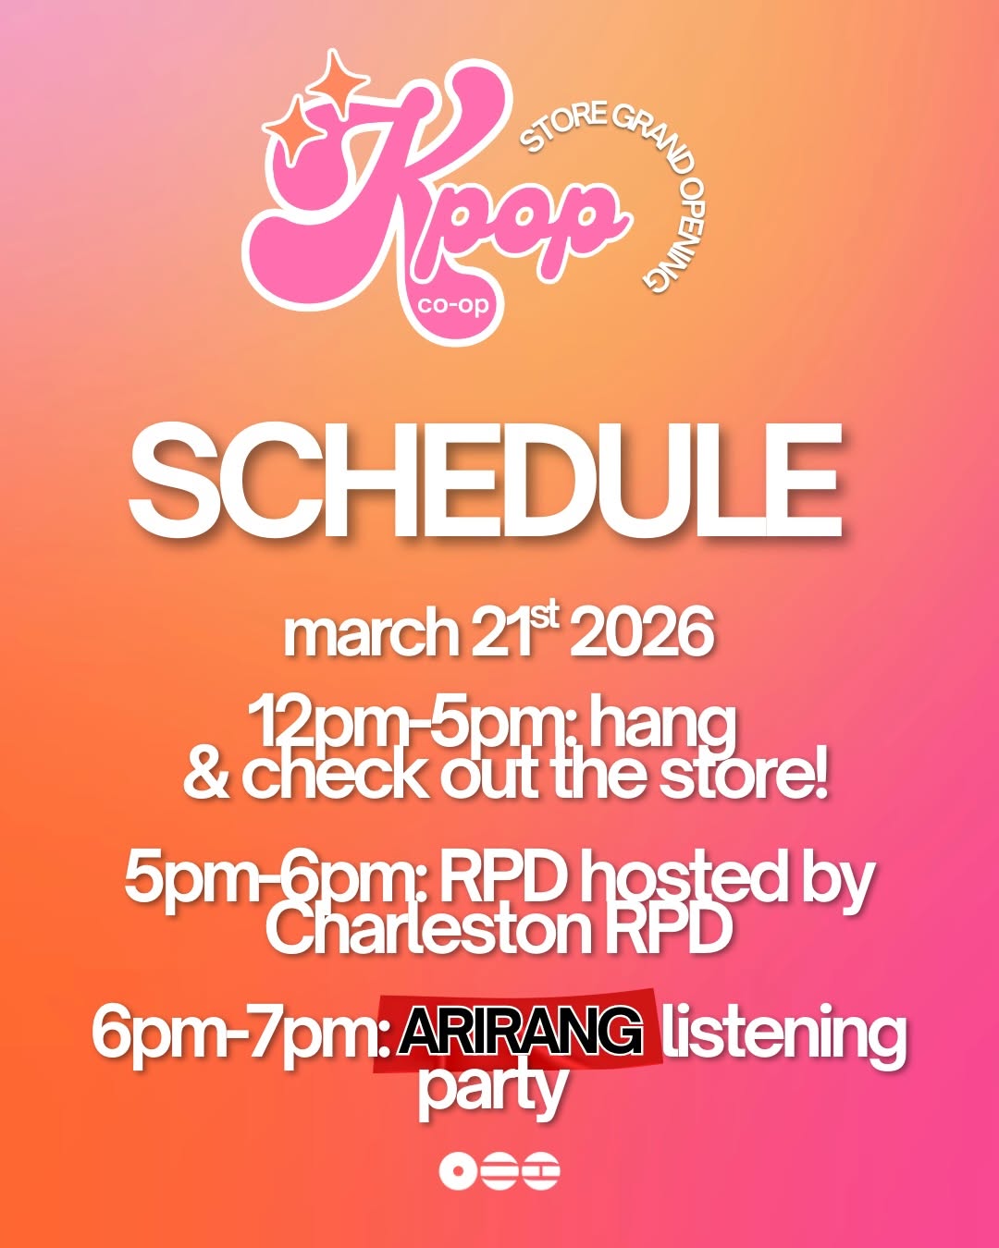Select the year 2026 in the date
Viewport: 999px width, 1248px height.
click(x=641, y=633)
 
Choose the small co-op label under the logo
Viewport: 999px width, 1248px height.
click(x=452, y=304)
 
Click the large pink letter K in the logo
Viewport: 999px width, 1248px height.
click(x=370, y=194)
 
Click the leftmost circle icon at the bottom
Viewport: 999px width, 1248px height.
click(x=458, y=1171)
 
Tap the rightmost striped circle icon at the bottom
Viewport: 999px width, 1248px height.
click(x=541, y=1171)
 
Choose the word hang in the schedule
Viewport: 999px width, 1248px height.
click(x=662, y=725)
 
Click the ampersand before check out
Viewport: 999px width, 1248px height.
click(x=205, y=777)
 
